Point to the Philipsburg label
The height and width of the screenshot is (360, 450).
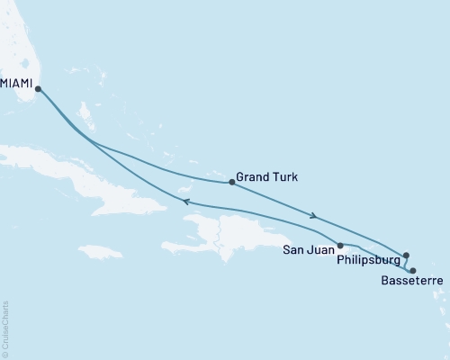[x=370, y=261]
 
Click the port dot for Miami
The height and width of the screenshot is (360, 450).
[x=37, y=87]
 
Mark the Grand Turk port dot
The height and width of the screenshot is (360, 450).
[x=232, y=183]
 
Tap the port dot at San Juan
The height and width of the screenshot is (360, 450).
[x=339, y=245]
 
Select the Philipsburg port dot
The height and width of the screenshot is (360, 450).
[x=406, y=256]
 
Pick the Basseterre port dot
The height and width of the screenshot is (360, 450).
[x=412, y=270]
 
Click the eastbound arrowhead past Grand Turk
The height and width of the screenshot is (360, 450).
[x=313, y=216]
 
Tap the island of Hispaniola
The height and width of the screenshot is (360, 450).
[x=225, y=236]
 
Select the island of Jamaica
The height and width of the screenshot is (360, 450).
[x=99, y=251]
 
